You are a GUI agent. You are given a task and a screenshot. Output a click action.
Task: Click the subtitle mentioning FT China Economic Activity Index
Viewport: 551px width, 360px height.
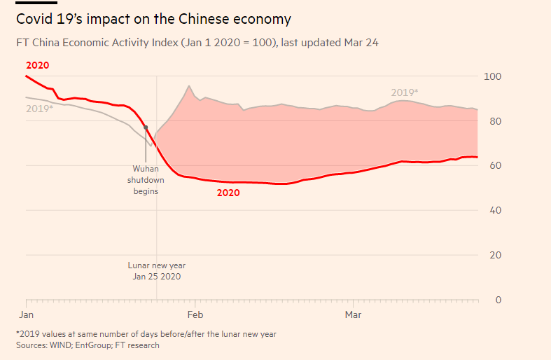[x=197, y=43]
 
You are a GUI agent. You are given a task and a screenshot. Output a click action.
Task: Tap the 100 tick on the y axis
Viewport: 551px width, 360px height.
[x=494, y=76]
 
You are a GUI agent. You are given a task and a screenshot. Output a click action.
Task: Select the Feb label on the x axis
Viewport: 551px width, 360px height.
[x=196, y=315]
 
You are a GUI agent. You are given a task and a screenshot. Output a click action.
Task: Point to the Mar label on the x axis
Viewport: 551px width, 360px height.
[x=354, y=315]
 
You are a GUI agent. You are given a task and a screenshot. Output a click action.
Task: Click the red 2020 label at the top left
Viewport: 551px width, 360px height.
[x=37, y=65]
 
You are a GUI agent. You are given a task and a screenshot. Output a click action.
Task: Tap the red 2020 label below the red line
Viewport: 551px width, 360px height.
[x=228, y=193]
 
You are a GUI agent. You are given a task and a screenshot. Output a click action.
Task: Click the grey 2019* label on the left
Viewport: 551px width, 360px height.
[x=39, y=109]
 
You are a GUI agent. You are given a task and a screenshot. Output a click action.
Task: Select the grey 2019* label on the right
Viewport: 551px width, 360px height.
[x=404, y=92]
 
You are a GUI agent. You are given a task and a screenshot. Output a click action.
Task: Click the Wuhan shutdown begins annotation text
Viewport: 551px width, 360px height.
[x=146, y=179]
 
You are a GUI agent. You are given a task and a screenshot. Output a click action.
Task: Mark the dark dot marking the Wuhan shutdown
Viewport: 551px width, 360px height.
[x=146, y=127]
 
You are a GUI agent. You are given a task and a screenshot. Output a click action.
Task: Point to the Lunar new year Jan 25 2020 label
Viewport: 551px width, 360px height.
[x=156, y=271]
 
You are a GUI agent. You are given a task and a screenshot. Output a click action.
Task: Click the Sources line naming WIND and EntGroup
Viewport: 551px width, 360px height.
[x=88, y=345]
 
